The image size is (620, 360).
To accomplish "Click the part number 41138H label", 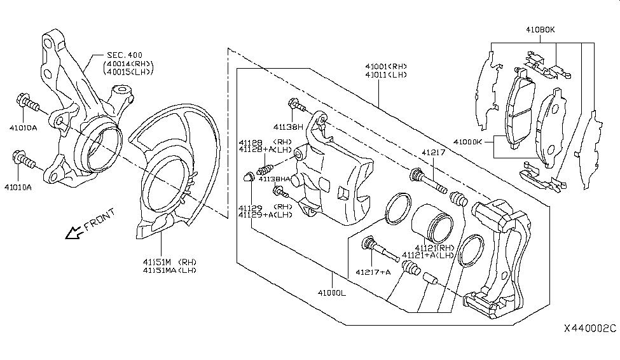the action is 288,127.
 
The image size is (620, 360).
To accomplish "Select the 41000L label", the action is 332,293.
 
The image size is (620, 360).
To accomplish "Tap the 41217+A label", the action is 373,272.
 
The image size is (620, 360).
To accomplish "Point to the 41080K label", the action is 540,30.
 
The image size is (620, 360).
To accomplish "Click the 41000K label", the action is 467,142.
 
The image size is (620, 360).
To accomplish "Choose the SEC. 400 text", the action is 125,55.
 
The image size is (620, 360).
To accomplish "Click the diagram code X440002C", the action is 590,328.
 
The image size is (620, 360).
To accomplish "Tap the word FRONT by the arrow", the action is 100,219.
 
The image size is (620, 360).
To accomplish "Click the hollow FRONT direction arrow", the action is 74,233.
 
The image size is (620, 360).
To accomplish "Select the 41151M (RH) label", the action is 170,262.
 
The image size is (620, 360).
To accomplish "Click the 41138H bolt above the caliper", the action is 296,105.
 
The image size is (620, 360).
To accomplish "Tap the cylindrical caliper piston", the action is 432,223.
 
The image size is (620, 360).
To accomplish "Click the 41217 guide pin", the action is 429,181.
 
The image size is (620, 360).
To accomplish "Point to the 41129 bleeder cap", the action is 248,177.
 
